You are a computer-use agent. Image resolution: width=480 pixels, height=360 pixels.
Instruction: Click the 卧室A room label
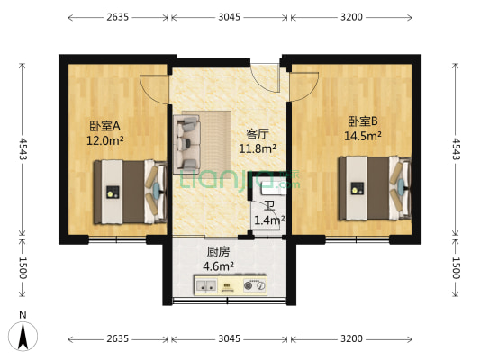(x=105, y=126)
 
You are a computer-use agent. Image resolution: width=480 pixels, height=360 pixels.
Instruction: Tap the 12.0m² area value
(x=105, y=140)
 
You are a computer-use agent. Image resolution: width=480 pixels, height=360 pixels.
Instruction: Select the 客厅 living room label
(x=258, y=134)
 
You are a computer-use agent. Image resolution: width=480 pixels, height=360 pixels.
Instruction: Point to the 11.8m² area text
(x=258, y=148)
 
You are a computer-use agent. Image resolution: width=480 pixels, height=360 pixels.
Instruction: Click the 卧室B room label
(x=363, y=121)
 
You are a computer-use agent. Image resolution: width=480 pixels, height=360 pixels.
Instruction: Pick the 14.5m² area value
(x=363, y=136)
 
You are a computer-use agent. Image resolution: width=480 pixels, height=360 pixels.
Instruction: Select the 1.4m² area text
(x=269, y=220)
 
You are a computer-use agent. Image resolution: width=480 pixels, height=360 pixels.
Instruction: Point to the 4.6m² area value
(x=219, y=266)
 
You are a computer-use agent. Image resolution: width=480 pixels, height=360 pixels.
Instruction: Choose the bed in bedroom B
(x=369, y=187)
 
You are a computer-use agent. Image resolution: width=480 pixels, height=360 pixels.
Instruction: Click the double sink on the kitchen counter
(x=204, y=287)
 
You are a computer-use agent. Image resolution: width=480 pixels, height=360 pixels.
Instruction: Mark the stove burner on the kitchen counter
(x=256, y=287)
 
